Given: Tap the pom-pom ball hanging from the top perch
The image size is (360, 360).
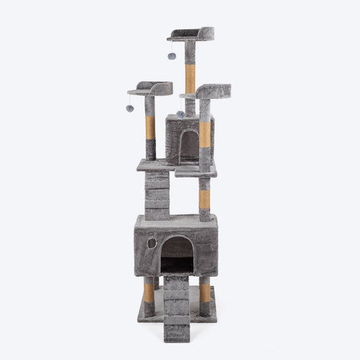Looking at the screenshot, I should click(x=172, y=56).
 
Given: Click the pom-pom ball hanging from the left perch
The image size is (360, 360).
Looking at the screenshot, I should click(x=130, y=108).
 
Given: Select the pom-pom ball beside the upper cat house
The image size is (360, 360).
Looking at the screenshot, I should click(x=180, y=114).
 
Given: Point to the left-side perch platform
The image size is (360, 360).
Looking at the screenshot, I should click(x=150, y=88).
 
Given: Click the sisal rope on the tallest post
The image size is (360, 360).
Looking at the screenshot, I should click(x=190, y=79).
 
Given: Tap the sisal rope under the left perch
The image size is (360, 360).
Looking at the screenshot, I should click(x=150, y=127).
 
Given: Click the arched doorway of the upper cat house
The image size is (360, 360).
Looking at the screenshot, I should click(x=190, y=146).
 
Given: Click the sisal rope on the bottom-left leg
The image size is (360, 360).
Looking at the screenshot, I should click(x=149, y=292).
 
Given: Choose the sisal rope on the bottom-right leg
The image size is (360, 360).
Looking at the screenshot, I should click(x=205, y=292).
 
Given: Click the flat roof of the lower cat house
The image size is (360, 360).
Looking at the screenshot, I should click(x=176, y=220).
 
